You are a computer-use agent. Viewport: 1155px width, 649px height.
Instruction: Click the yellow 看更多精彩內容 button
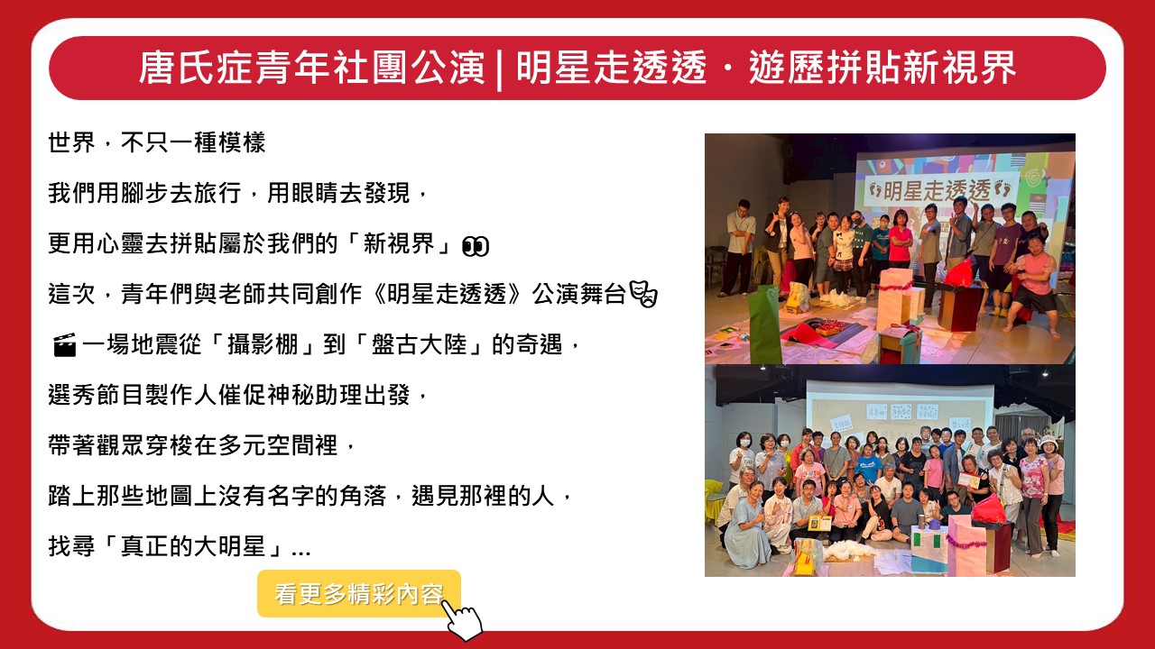tap(359, 593)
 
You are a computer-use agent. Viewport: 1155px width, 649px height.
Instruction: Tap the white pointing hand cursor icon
tap(462, 620)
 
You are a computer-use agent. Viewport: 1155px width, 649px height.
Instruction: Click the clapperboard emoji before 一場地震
tap(64, 345)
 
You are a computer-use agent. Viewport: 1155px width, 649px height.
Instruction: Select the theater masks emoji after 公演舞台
tap(643, 294)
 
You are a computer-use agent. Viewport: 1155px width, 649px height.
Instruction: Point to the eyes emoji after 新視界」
tap(475, 246)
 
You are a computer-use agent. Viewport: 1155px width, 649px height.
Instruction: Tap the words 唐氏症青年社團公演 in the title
tap(312, 68)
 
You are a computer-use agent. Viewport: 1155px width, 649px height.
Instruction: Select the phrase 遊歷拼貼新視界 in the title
tap(882, 68)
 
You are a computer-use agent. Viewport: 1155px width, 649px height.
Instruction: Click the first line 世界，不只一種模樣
tap(157, 142)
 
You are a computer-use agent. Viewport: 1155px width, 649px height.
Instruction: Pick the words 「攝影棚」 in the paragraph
tap(263, 344)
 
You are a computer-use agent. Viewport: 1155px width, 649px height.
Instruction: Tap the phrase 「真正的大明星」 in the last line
tap(192, 546)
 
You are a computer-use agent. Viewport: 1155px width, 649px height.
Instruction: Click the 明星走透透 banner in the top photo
tap(937, 190)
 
